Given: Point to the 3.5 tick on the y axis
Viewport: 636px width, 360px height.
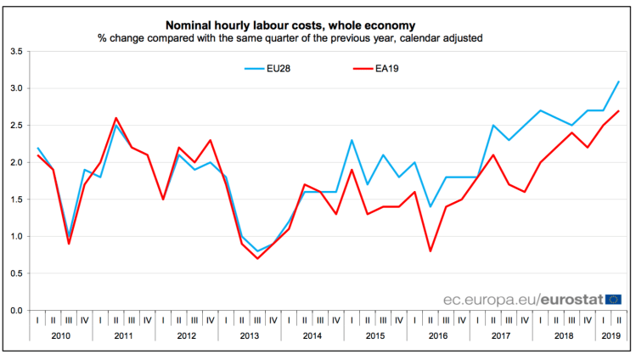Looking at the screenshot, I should [x=17, y=52].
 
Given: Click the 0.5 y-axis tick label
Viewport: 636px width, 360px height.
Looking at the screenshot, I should [x=17, y=273].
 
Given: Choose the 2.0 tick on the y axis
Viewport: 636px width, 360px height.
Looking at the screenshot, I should [x=17, y=162].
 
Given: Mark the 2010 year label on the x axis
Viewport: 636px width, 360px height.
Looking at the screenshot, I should [x=61, y=336].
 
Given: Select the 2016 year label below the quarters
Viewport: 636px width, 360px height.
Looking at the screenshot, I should [x=438, y=336].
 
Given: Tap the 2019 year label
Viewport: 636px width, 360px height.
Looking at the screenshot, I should [x=610, y=336].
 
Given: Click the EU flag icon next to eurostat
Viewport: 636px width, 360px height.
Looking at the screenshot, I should [x=613, y=299].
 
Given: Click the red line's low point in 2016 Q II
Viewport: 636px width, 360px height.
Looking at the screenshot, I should [x=431, y=250].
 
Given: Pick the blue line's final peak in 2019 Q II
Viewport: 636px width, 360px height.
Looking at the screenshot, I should [x=618, y=82].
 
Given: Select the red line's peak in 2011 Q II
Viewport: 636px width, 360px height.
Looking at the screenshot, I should [x=115, y=118].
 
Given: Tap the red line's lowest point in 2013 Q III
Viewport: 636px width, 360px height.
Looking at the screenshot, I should [x=257, y=258].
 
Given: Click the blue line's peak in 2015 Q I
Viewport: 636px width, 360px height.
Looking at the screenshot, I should [x=352, y=140].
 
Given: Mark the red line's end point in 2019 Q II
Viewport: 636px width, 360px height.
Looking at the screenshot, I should [x=618, y=111].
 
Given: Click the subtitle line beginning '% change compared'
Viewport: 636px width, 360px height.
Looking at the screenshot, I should [x=290, y=39].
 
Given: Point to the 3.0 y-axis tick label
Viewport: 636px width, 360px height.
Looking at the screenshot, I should [x=17, y=88].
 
